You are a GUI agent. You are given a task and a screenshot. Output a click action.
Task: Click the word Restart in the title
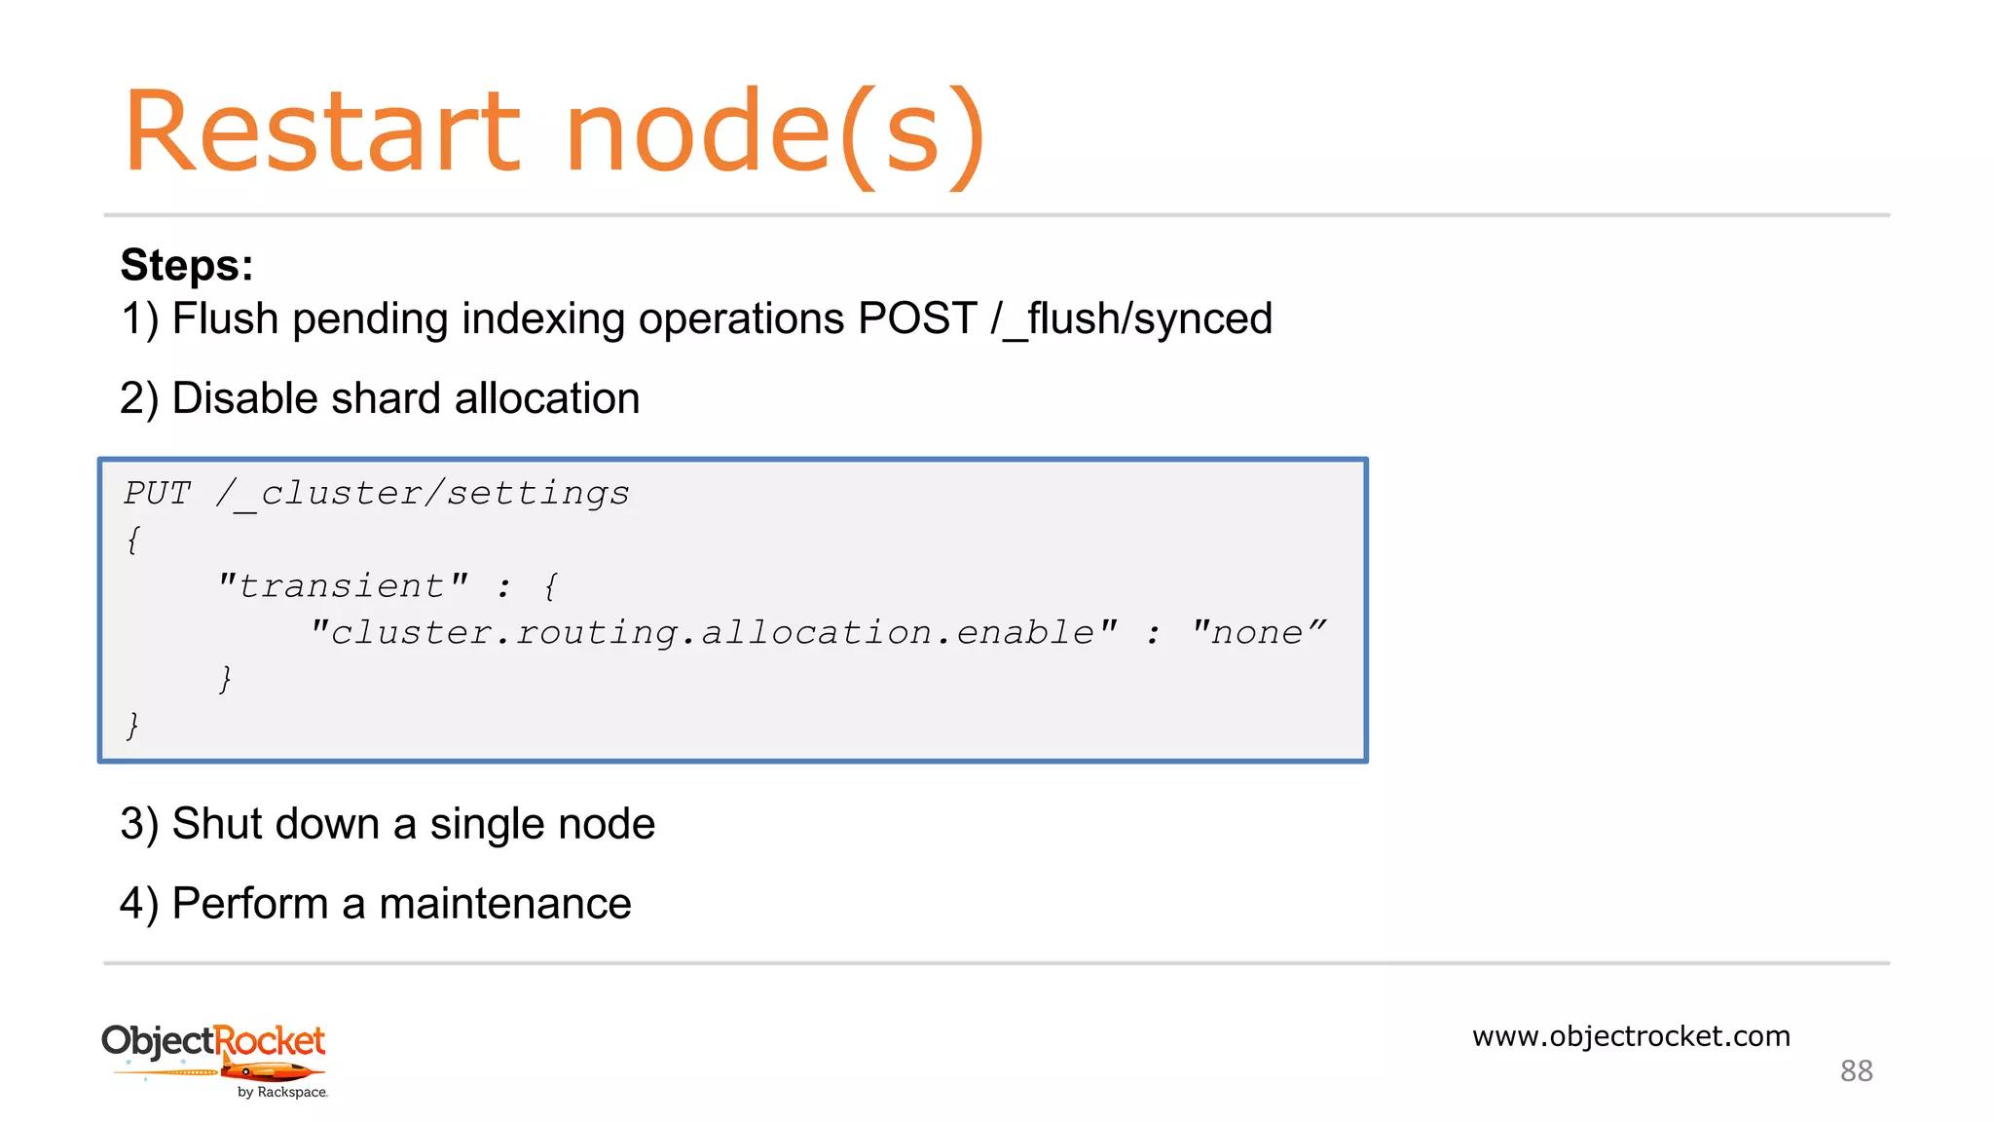(x=322, y=132)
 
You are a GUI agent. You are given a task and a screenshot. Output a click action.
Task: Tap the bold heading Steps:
(x=187, y=265)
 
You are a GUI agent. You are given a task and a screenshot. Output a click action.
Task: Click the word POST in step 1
(x=917, y=318)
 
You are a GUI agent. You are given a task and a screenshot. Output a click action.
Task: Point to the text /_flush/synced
(x=1131, y=318)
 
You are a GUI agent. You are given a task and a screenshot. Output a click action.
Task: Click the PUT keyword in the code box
(x=158, y=494)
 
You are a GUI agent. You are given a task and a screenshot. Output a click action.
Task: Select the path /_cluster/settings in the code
(x=423, y=494)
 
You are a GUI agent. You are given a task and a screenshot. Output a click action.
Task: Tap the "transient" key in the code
(x=343, y=586)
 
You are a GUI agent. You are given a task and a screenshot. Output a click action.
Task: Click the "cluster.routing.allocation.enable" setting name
(x=714, y=633)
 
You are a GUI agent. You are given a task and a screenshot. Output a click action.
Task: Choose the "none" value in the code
(x=1258, y=633)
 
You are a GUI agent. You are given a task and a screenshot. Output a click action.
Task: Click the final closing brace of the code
(x=132, y=726)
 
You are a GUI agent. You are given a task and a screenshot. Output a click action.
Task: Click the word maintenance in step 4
(x=504, y=904)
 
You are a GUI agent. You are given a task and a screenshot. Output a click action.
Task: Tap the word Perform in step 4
(x=249, y=904)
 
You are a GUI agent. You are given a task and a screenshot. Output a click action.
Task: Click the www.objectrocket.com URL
(x=1631, y=1036)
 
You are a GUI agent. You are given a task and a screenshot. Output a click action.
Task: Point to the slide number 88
(x=1856, y=1071)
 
